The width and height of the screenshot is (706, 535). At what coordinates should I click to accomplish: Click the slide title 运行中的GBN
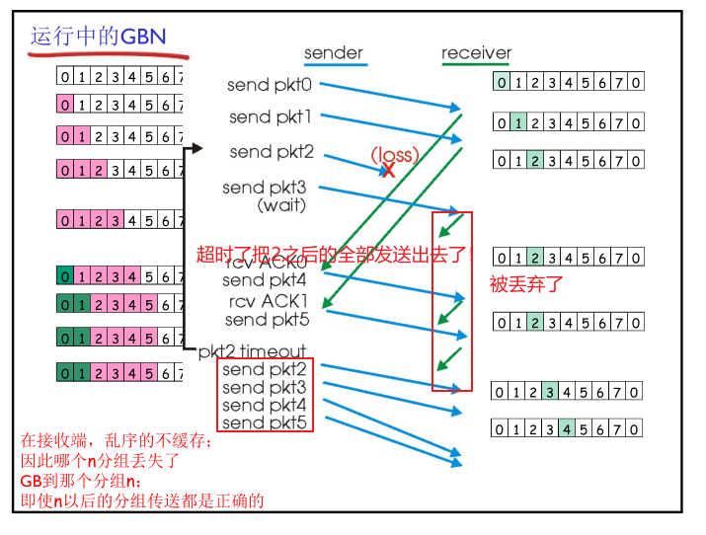(x=98, y=37)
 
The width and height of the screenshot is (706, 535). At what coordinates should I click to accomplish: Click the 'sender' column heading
(x=333, y=53)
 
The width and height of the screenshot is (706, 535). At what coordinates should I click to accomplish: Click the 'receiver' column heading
(x=476, y=53)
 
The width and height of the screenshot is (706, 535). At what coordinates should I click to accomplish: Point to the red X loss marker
(x=388, y=170)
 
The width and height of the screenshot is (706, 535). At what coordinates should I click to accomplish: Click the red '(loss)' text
(x=395, y=154)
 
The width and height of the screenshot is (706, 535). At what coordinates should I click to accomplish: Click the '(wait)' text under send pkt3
(x=281, y=205)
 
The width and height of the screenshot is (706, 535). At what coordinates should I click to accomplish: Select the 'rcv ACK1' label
(x=268, y=301)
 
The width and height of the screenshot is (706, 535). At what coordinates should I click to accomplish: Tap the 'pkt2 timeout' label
(x=253, y=350)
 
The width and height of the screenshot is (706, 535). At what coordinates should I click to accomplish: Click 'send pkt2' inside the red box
(x=264, y=370)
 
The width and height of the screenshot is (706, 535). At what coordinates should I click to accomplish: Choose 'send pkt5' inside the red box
(x=264, y=423)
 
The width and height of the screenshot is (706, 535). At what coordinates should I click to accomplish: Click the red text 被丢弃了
(x=526, y=284)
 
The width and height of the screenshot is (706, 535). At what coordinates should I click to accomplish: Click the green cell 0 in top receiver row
(x=503, y=83)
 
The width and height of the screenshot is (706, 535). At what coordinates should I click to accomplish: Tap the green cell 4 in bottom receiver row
(x=566, y=428)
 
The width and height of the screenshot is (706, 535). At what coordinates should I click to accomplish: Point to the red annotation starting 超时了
(x=336, y=253)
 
